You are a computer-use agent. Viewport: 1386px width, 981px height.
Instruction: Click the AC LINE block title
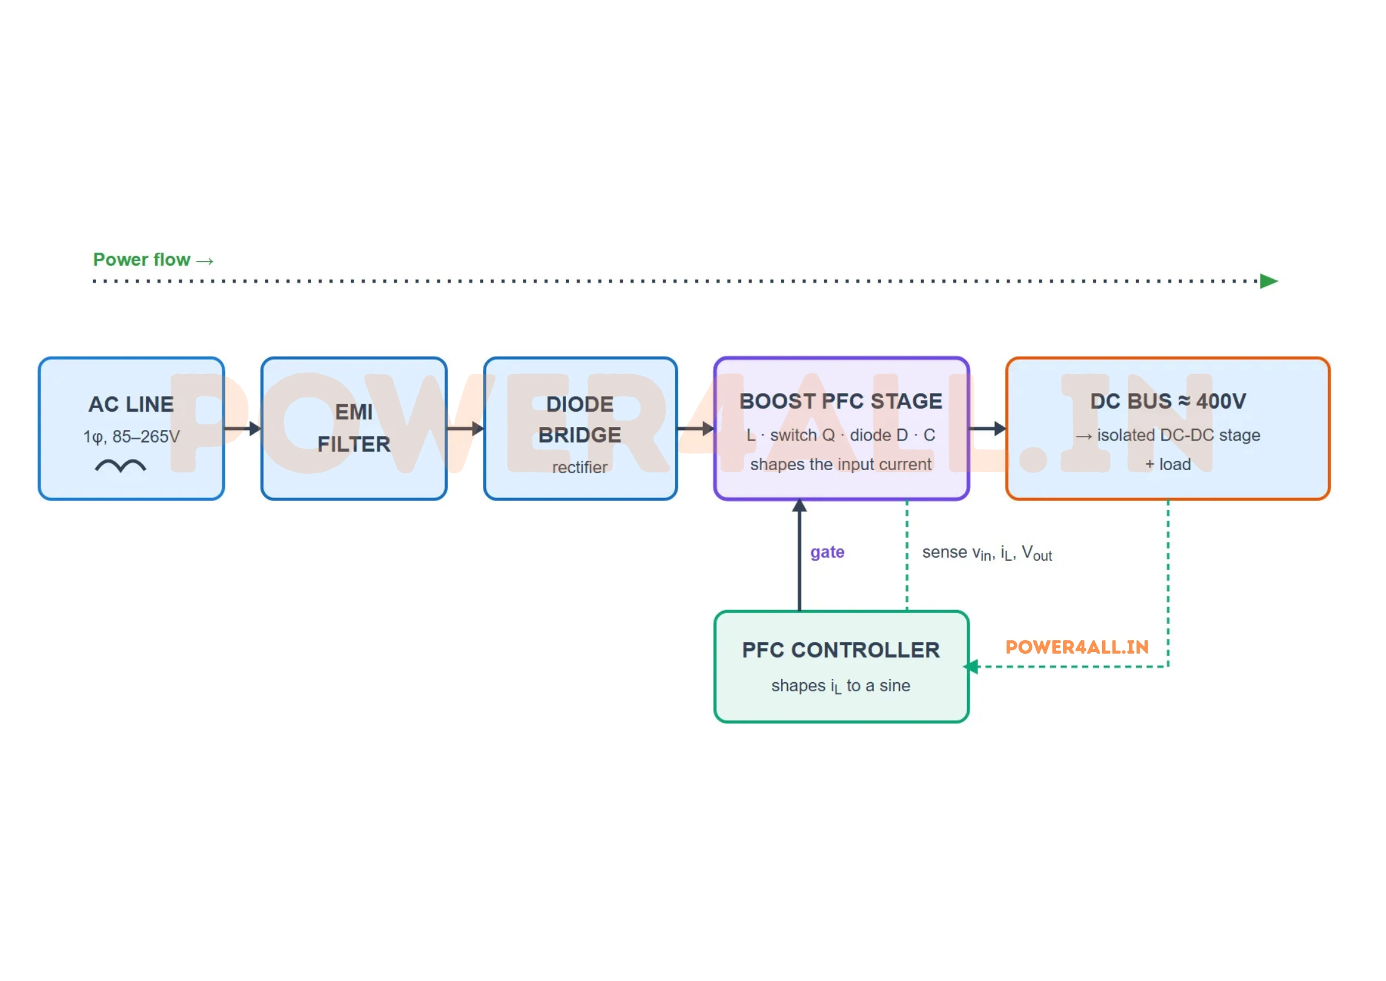[131, 404]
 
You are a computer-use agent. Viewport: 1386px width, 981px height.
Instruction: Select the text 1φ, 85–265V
[131, 437]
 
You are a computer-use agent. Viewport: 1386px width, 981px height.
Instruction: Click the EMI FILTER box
[354, 428]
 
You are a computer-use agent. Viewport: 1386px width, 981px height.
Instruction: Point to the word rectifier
[580, 467]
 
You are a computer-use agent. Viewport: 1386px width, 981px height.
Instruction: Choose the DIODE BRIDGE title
[580, 420]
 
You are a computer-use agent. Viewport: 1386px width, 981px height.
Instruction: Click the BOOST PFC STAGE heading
[841, 401]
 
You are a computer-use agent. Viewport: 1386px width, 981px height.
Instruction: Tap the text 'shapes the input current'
[841, 465]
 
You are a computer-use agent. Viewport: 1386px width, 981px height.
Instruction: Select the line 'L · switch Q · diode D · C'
[841, 435]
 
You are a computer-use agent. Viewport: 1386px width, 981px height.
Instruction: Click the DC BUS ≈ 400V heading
[1168, 401]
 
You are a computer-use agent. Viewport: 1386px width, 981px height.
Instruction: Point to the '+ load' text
[1168, 464]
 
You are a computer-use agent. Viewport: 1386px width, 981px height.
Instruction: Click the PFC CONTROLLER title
[841, 650]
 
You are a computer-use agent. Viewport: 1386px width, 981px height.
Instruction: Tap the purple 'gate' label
[827, 552]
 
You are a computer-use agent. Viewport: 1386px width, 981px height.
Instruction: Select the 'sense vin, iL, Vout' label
[987, 553]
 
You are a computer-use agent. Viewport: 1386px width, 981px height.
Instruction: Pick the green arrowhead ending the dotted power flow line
[1269, 281]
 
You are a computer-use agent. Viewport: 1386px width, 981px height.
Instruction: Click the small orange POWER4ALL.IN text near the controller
[1077, 647]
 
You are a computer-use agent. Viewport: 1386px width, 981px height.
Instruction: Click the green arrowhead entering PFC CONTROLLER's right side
[971, 667]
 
